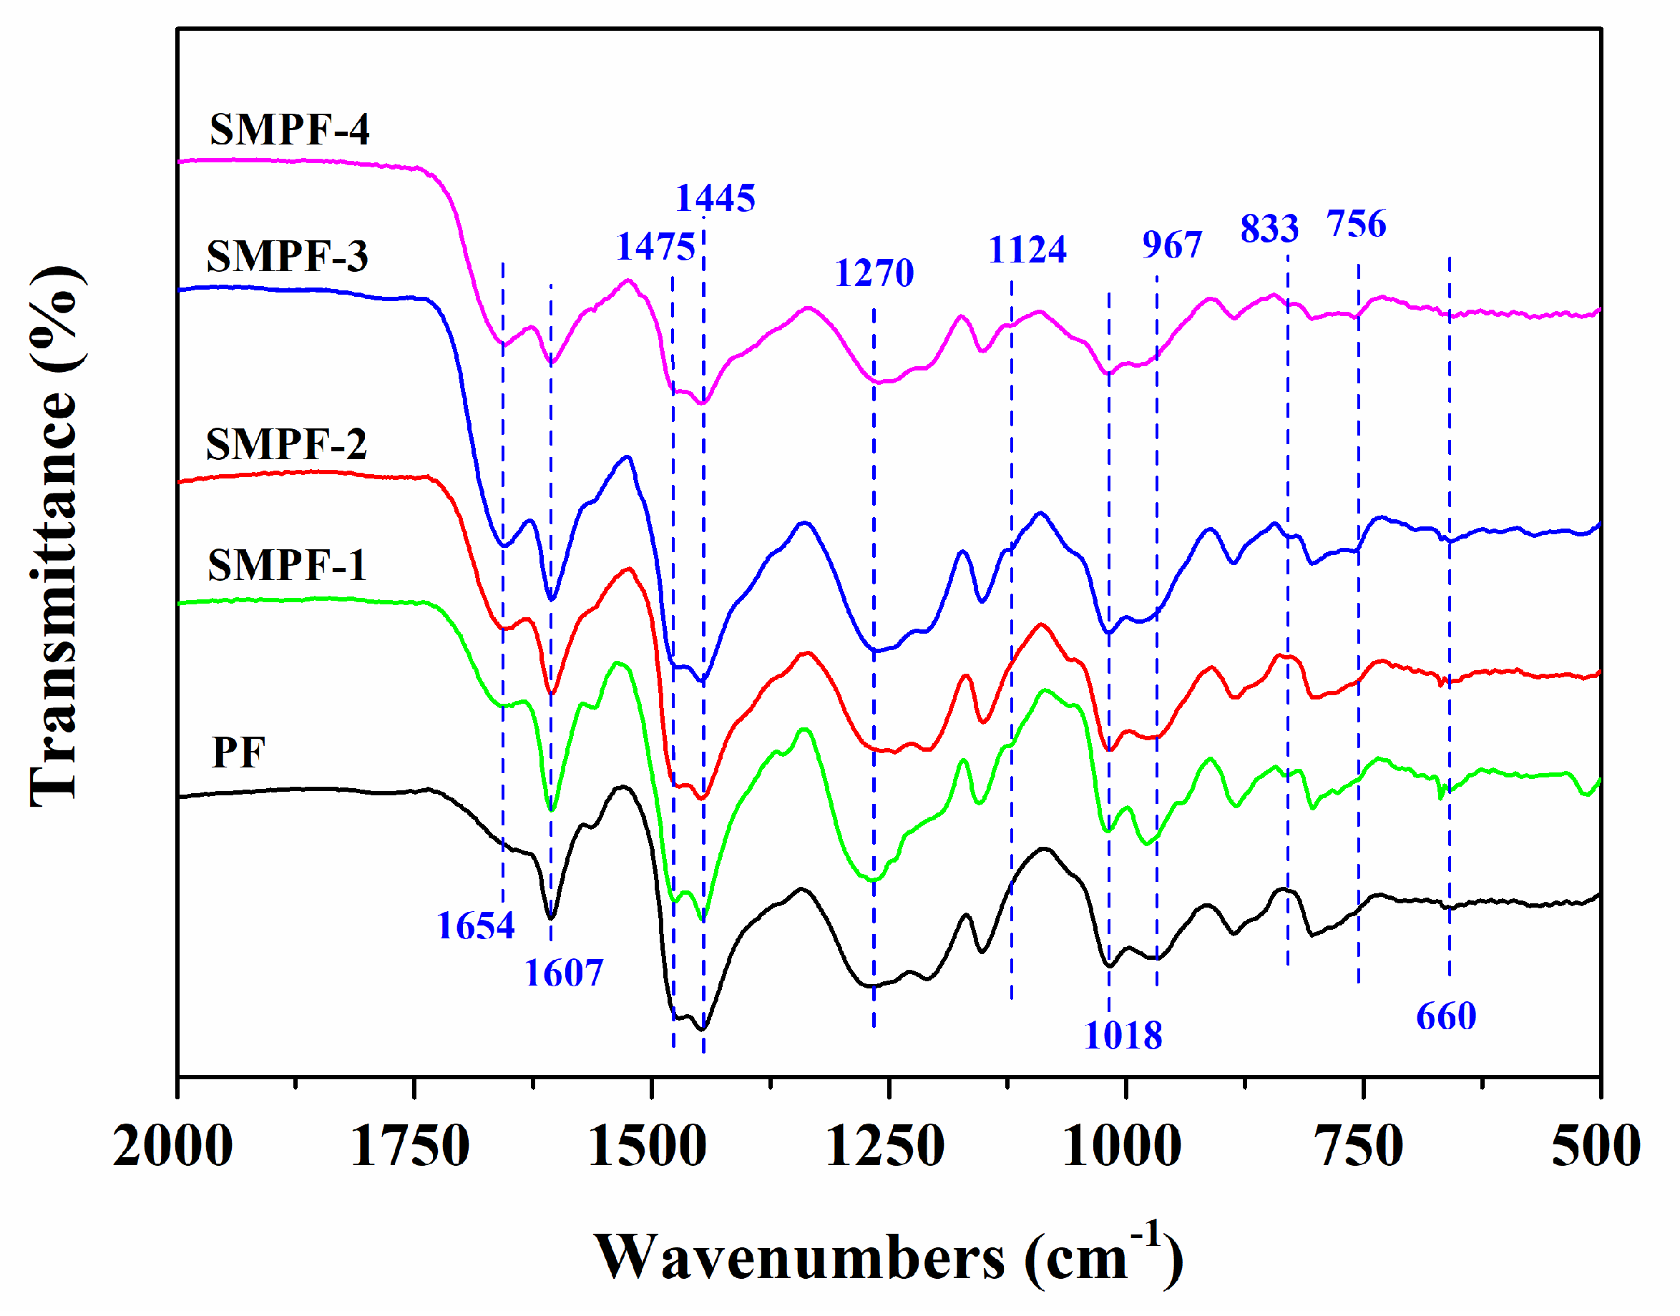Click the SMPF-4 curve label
pos(289,129)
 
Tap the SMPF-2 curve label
pos(286,444)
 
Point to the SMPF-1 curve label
pos(286,565)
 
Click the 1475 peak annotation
pos(655,247)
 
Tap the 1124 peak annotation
pos(1027,249)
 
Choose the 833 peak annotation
pos(1269,228)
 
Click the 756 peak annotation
pos(1356,223)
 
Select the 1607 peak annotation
pos(563,973)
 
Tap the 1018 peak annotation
pos(1122,1035)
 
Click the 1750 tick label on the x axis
pos(409,1146)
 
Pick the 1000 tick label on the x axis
pos(1121,1146)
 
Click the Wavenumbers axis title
pos(887,1256)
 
